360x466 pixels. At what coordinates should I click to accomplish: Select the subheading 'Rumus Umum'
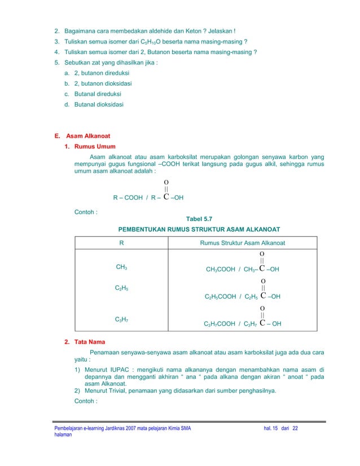(95, 147)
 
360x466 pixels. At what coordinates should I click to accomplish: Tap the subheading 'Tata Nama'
(90, 342)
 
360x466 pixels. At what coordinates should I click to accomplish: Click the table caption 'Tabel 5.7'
(199, 219)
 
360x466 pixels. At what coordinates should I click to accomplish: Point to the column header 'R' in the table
(121, 243)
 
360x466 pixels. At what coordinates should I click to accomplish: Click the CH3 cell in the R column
(121, 267)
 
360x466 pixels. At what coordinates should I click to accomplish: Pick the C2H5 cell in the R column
(121, 288)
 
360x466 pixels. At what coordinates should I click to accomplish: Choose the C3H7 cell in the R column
(121, 320)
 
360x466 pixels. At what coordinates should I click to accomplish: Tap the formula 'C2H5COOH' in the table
(220, 296)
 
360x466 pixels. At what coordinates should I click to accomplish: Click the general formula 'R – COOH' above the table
(128, 198)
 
